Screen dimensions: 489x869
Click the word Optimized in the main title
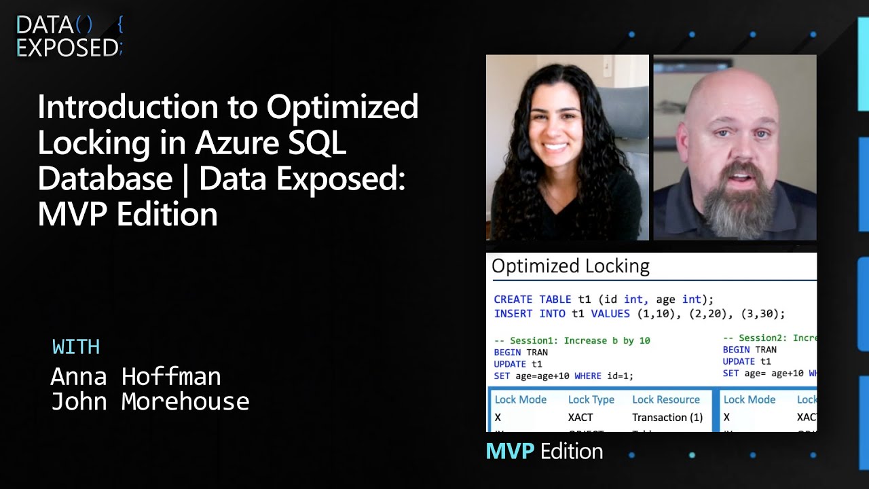point(342,107)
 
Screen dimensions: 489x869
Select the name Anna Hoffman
point(136,376)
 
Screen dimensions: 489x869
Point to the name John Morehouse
point(150,401)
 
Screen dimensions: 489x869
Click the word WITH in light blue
point(76,347)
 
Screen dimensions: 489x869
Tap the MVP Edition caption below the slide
point(544,451)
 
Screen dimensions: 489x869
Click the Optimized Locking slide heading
point(570,266)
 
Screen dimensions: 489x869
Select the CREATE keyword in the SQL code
point(513,300)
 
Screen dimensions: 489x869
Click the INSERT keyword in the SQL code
point(513,314)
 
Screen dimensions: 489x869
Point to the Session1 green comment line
point(572,340)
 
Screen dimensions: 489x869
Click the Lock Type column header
point(591,400)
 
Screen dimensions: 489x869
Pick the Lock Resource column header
point(665,400)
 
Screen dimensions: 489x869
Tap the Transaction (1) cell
point(667,418)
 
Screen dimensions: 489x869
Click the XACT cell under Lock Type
point(580,418)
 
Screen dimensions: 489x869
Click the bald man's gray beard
point(737,204)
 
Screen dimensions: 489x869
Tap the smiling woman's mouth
point(555,145)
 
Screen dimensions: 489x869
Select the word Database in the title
point(105,179)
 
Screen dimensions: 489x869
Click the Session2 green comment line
point(769,338)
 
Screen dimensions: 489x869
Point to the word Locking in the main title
point(94,143)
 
